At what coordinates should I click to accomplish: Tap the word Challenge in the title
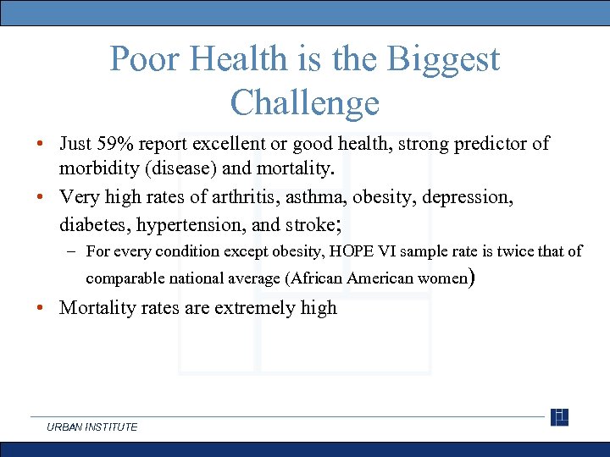(x=304, y=102)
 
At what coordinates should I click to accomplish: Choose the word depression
(x=467, y=198)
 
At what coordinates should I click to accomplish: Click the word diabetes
(x=91, y=225)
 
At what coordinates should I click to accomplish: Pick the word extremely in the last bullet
(x=254, y=308)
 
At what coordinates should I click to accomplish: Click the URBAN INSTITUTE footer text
(x=91, y=427)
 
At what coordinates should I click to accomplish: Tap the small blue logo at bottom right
(x=559, y=417)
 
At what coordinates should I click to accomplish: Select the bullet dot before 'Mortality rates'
(x=41, y=308)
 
